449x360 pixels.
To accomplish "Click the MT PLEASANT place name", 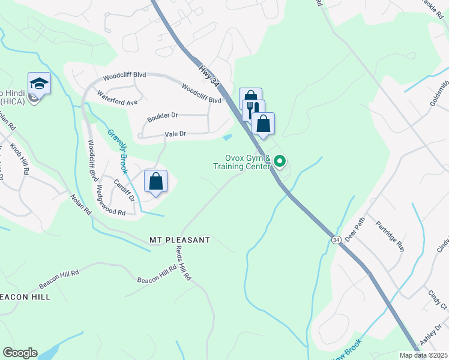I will [179, 240].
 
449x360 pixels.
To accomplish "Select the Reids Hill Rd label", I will [183, 264].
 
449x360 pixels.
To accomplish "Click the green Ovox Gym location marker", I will [279, 161].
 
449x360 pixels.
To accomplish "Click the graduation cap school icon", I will [39, 83].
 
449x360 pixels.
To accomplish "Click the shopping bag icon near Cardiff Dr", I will [155, 181].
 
